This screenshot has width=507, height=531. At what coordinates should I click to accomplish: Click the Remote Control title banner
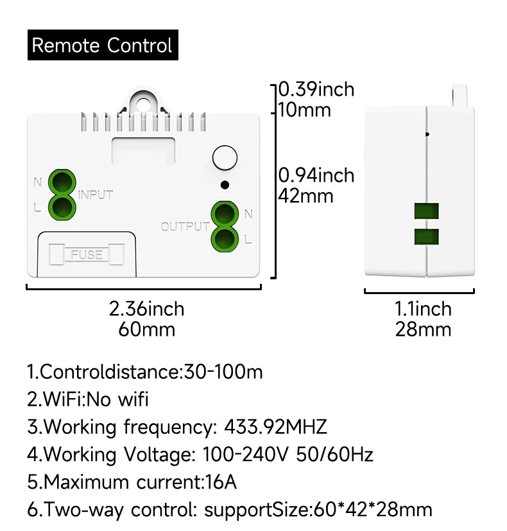pyautogui.click(x=103, y=46)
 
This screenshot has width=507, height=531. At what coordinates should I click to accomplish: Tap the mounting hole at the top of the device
pyautogui.click(x=144, y=103)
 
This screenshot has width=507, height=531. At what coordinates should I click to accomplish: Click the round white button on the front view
pyautogui.click(x=224, y=158)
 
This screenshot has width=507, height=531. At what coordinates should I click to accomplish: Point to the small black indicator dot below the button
pyautogui.click(x=224, y=185)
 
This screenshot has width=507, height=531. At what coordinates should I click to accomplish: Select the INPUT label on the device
pyautogui.click(x=96, y=195)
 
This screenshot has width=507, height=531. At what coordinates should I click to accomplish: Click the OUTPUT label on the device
pyautogui.click(x=185, y=227)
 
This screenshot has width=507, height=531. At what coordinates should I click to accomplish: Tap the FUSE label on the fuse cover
pyautogui.click(x=87, y=254)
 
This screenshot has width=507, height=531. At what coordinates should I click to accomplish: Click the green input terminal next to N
pyautogui.click(x=62, y=181)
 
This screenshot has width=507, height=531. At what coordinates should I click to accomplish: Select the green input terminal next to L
pyautogui.click(x=62, y=206)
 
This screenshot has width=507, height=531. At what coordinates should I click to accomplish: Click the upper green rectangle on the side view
pyautogui.click(x=427, y=213)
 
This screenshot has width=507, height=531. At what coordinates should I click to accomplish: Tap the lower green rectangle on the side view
pyautogui.click(x=427, y=236)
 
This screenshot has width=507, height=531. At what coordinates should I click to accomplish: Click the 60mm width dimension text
pyautogui.click(x=146, y=329)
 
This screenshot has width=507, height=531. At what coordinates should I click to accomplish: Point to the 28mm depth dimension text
pyautogui.click(x=423, y=329)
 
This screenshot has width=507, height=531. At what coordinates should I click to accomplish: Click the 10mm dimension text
pyautogui.click(x=304, y=110)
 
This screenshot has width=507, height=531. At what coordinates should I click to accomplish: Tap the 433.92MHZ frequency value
pyautogui.click(x=275, y=426)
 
